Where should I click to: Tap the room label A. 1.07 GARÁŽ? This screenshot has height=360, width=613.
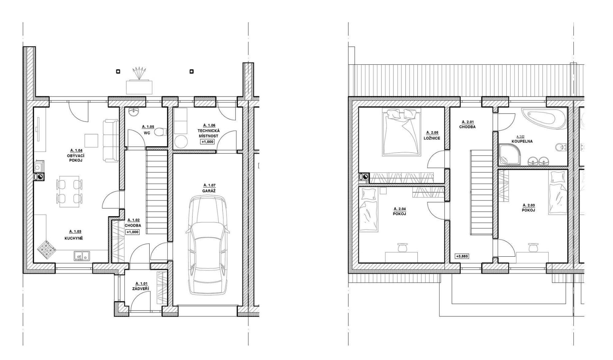pos(209,188)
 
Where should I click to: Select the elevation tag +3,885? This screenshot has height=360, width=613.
pos(462,256)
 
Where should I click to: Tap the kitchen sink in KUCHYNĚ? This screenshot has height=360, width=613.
pos(82,256)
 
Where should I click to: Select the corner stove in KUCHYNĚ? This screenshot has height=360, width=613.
pos(46,250)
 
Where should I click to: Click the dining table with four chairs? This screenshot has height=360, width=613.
pos(69,191)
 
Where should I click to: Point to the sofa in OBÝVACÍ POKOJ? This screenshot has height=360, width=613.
pos(111,140)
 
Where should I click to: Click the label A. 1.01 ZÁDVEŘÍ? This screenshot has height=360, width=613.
pos(140,286)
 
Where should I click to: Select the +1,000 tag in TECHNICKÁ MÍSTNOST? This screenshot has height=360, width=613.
pos(207,142)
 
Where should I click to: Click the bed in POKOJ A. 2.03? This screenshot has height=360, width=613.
pos(558,192)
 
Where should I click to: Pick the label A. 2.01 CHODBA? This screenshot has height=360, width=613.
pos(467,124)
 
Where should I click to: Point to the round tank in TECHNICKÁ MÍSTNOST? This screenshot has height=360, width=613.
pos(181,142)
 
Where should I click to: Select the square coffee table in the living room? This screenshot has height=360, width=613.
pos(91,140)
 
